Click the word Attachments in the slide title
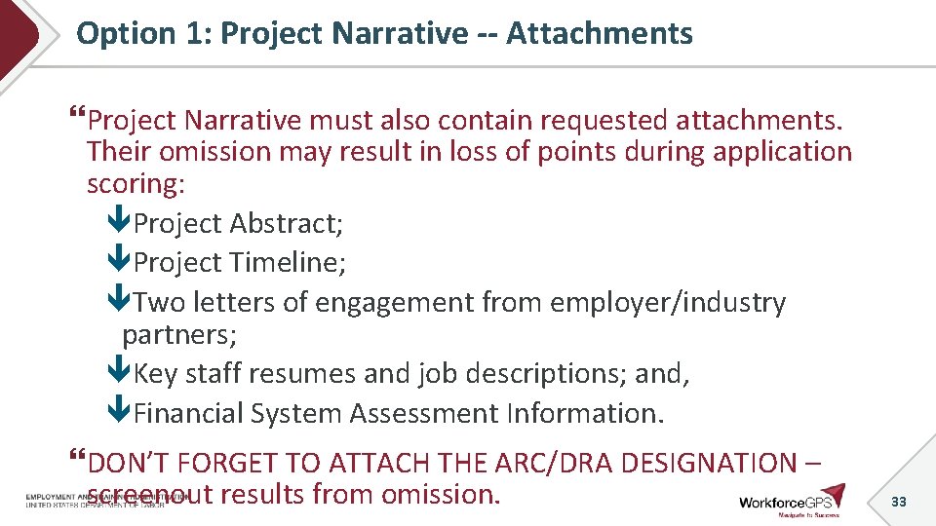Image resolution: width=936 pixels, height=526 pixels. (599, 34)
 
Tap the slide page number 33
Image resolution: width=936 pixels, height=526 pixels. (899, 502)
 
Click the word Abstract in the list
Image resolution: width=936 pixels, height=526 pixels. (287, 224)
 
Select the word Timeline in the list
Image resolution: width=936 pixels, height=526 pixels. (288, 263)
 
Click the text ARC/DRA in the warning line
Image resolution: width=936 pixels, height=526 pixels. (555, 463)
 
